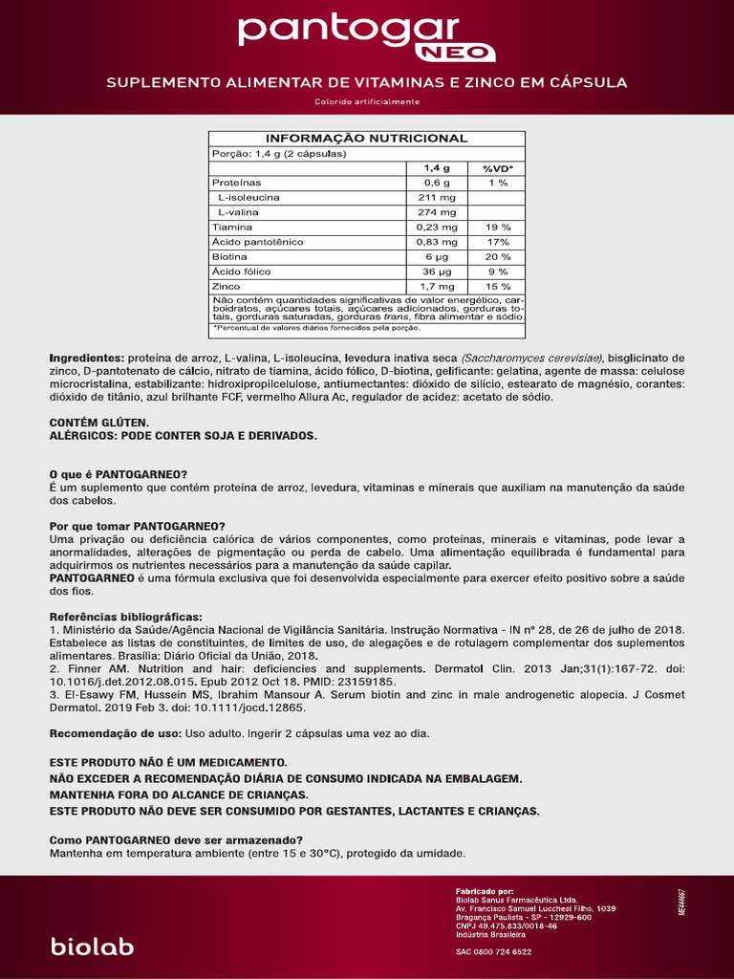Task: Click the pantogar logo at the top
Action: point(349,32)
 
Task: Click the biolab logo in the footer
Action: point(92,946)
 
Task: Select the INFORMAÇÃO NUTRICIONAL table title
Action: point(366,139)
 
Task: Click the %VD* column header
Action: point(497,167)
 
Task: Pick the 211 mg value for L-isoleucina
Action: point(436,197)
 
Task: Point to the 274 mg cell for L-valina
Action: point(436,212)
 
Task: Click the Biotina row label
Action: point(229,257)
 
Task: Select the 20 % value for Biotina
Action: point(497,257)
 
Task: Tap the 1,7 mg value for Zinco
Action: point(436,287)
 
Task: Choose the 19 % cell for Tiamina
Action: point(497,228)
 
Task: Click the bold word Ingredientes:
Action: point(86,358)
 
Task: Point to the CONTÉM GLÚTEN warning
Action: point(99,422)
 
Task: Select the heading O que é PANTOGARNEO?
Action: point(118,474)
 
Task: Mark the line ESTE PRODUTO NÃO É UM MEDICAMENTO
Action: point(168,762)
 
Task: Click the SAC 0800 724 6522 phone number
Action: point(493,951)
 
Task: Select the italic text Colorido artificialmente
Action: point(366,102)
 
